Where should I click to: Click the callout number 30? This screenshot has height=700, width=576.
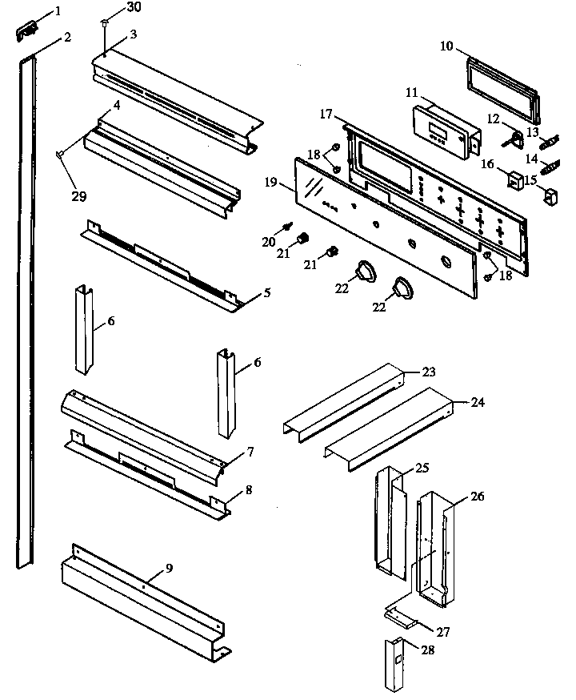(135, 8)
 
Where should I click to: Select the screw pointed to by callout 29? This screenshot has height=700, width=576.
(60, 154)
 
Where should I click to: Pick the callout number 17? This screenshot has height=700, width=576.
(326, 115)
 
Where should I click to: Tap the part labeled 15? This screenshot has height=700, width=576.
(550, 195)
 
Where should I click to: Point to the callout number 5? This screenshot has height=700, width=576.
(266, 293)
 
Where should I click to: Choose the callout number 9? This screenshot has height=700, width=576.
(169, 568)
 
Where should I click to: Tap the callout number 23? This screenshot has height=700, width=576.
(429, 372)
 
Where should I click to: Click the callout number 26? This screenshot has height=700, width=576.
(477, 496)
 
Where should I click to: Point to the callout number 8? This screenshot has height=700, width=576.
(250, 489)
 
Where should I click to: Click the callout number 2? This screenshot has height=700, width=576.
(67, 37)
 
